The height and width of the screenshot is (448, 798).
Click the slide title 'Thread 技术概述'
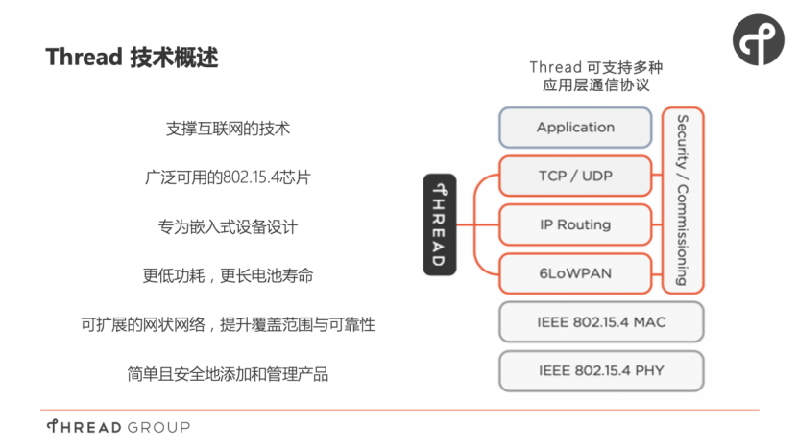coord(133,58)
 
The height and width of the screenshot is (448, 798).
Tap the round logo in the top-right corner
coord(758,39)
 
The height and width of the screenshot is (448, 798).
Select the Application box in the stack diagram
coord(575,128)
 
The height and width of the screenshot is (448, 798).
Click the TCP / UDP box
coord(575,177)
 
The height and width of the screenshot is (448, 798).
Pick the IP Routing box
coord(575,224)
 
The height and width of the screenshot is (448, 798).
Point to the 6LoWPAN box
coord(575,273)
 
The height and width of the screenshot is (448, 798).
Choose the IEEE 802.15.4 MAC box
coord(601,322)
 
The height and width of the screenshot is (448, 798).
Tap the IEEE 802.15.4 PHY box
coord(601,370)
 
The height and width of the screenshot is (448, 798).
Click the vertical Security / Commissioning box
coord(683,200)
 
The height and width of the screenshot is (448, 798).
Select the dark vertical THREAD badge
coord(440,224)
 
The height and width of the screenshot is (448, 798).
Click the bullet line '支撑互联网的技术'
coord(228,128)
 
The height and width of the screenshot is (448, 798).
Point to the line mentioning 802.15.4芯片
coord(228,177)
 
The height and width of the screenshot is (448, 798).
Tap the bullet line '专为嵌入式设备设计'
coord(228,227)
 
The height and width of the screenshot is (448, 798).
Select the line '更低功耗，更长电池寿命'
coord(228,276)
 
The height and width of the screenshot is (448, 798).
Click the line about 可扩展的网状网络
coord(228,325)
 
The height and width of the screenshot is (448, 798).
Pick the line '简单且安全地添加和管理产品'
coord(228,374)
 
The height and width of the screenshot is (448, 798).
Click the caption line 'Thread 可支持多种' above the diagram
coord(595,67)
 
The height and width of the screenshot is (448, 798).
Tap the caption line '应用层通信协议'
coord(595,85)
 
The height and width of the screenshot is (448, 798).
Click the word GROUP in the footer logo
coord(158,427)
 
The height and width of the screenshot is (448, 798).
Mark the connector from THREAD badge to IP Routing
coord(477,224)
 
